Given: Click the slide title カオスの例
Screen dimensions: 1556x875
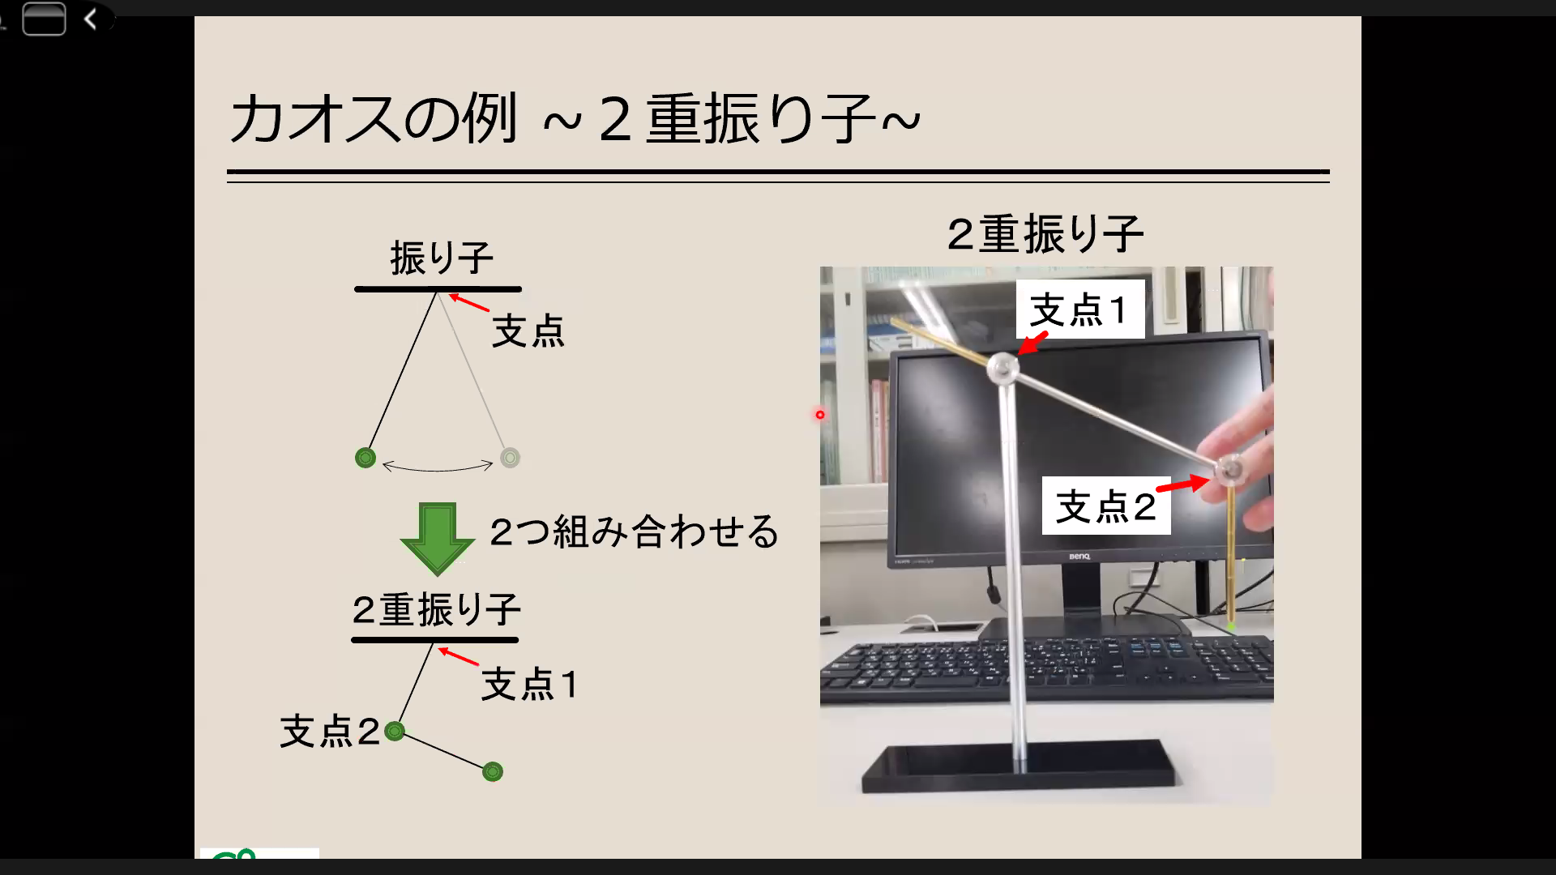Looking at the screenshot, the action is (x=374, y=118).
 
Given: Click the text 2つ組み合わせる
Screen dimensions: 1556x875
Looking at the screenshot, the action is (x=634, y=532).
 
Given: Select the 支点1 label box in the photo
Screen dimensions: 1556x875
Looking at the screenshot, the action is (x=1080, y=309).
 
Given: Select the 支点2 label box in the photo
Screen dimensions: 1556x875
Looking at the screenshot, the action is (x=1106, y=506).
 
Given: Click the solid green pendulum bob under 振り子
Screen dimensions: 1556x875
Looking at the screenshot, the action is (x=365, y=458).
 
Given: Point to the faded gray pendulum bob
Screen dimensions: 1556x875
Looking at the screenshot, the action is (x=510, y=458).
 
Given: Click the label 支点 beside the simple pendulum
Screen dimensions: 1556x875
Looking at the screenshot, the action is (x=528, y=331).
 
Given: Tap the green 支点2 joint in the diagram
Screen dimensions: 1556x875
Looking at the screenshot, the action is (x=395, y=732).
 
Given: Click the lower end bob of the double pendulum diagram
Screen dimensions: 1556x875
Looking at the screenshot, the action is (x=493, y=771).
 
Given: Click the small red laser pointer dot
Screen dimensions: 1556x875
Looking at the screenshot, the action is (x=820, y=415).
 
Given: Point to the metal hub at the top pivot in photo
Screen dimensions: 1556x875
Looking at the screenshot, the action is (x=1003, y=368).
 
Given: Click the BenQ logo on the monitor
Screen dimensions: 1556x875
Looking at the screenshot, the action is (x=1079, y=557).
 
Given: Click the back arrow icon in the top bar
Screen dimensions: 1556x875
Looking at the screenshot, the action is (x=91, y=19).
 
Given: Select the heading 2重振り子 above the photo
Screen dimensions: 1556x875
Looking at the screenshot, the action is (x=1045, y=234).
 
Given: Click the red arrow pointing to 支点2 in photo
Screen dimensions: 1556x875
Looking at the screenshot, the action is (x=1183, y=484).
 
